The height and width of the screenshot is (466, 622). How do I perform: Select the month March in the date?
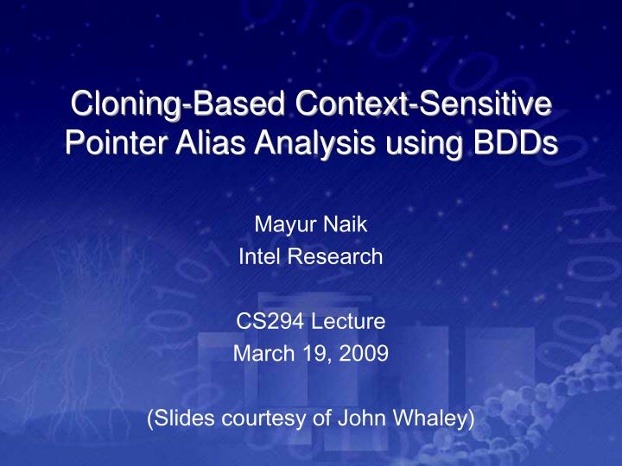258,353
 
